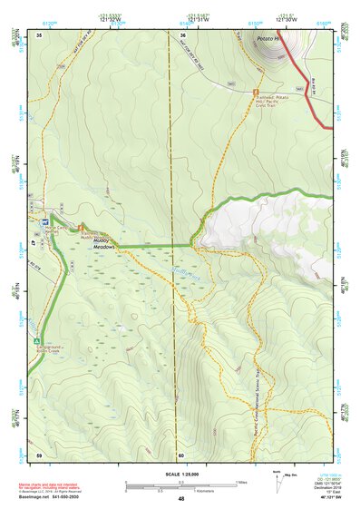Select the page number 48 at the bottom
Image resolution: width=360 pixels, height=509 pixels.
click(x=180, y=499)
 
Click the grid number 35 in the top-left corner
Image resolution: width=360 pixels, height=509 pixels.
click(x=39, y=34)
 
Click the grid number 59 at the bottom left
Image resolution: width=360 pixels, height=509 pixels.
click(x=39, y=455)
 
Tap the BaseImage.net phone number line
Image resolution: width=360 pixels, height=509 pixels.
click(x=54, y=496)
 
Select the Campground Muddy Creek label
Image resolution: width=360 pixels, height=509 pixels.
click(x=51, y=349)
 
